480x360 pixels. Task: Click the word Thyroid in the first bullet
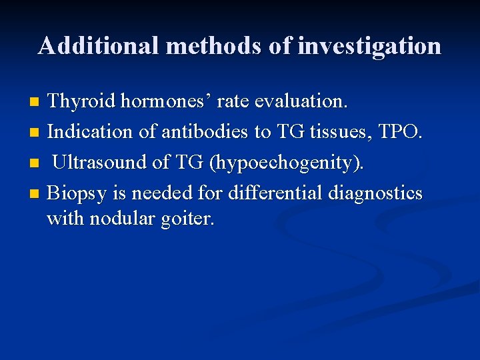81,101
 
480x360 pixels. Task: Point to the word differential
273,193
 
